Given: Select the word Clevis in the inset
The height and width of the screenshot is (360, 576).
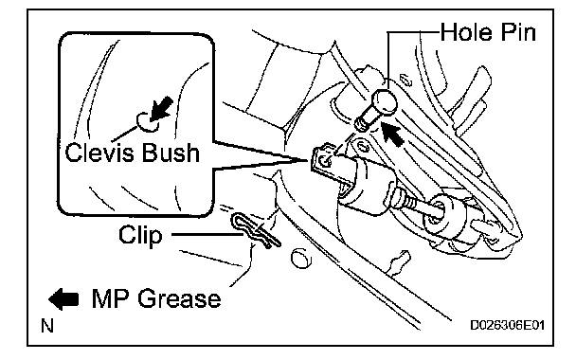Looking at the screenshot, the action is click(100, 153).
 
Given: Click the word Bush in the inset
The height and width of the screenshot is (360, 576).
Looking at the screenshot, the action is click(171, 153).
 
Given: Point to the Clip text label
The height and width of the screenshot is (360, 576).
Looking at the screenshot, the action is click(140, 235).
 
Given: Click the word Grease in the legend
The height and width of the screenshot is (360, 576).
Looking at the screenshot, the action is click(180, 298).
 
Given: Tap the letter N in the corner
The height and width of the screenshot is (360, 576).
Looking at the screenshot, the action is click(47, 326).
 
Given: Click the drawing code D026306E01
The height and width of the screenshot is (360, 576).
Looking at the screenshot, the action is click(507, 326).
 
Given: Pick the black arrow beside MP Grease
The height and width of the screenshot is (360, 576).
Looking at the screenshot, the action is click(63, 298).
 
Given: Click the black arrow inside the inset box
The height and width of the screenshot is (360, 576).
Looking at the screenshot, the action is click(161, 108).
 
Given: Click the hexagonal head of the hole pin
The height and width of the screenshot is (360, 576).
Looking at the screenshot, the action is click(385, 101).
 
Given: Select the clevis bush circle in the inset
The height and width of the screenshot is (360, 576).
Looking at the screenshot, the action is click(147, 121).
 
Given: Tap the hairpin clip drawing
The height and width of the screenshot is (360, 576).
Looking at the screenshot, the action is click(255, 230).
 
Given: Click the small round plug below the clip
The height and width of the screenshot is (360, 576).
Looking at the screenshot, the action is click(301, 259).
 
